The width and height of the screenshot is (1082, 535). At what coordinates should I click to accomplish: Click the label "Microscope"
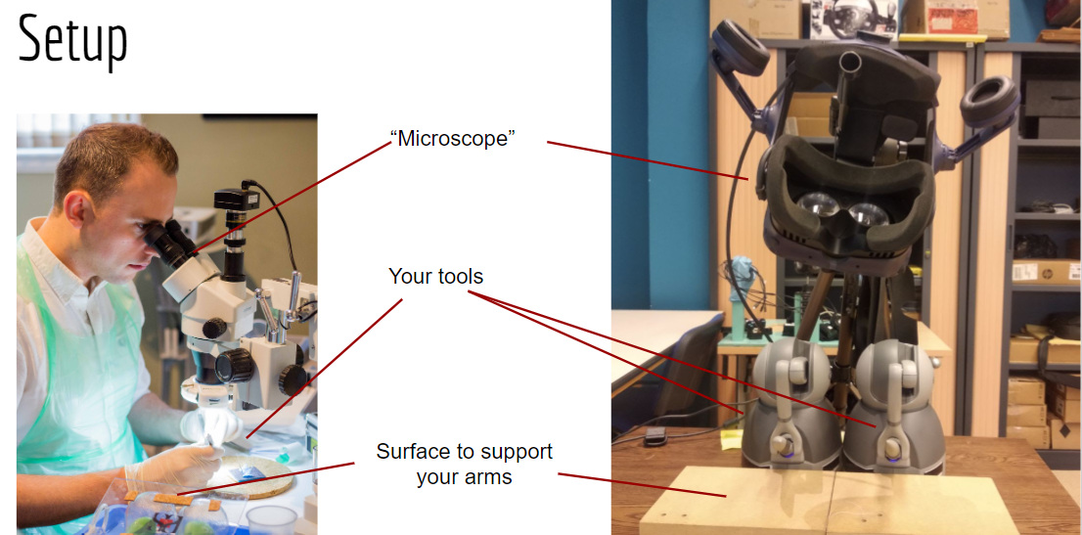coord(453,138)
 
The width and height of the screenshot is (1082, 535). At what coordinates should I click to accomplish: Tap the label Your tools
coord(435,276)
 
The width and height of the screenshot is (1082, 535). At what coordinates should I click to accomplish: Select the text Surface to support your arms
coord(465,464)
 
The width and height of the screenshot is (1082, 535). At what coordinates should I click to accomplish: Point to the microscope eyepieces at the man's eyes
coord(170,243)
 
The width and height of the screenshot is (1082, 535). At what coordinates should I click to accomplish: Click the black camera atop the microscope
coord(237,200)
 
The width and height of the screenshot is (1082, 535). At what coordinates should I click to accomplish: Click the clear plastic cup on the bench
coord(271,519)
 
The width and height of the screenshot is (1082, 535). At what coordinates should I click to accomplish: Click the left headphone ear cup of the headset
coord(740,46)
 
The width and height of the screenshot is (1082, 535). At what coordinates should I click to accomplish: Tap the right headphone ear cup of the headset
coord(989,101)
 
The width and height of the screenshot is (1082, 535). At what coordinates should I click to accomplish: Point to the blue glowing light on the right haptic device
coord(892,452)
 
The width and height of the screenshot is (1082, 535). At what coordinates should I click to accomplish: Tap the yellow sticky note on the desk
coord(730,436)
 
